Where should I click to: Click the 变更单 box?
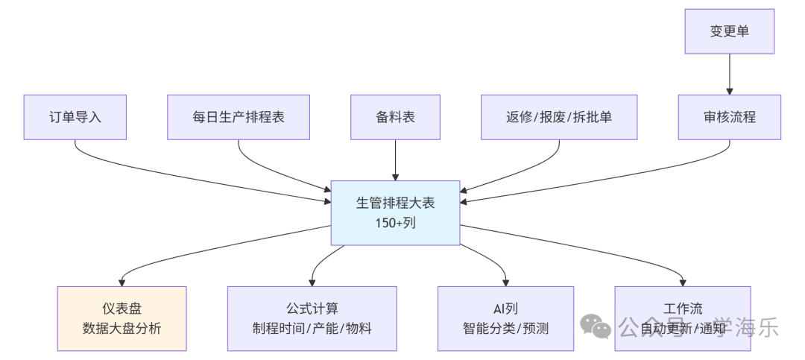tap(729, 31)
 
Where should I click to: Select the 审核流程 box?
tap(729, 117)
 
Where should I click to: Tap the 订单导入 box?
tap(75, 117)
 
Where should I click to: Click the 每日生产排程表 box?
tap(238, 117)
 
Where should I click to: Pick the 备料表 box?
tap(395, 117)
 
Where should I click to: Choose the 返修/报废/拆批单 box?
tap(559, 117)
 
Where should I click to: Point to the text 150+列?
tap(395, 221)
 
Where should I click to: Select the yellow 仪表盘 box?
tap(121, 318)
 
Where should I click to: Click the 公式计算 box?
tap(312, 318)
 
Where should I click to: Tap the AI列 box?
tap(505, 318)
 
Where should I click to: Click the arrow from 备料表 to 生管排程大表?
tap(395, 160)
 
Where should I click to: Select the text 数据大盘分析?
tap(121, 328)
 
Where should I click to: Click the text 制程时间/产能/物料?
tap(312, 328)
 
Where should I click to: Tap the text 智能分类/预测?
tap(505, 328)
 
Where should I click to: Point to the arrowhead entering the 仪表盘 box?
tap(121, 281)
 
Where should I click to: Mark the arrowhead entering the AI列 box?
tap(505, 281)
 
